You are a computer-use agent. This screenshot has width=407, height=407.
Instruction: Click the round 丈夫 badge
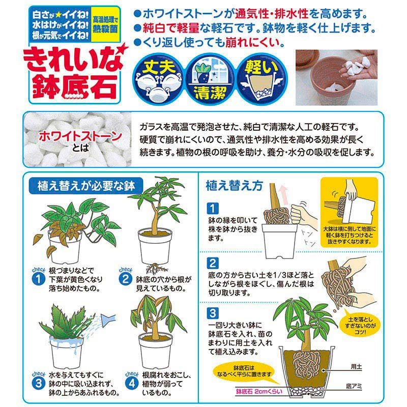tap(158, 79)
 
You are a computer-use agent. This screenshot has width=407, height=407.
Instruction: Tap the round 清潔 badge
tap(210, 79)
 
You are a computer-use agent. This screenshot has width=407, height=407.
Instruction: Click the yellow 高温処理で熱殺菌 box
tap(105, 25)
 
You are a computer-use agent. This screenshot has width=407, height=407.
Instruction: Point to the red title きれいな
tap(73, 60)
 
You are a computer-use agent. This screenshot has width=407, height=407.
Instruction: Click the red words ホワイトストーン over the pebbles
tap(80, 136)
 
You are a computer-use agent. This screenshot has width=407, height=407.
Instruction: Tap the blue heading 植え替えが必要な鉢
tap(86, 186)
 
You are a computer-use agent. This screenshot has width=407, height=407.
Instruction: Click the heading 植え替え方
tap(234, 186)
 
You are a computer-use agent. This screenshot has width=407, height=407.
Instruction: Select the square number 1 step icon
tap(213, 208)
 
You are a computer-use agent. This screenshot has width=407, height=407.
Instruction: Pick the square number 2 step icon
tap(213, 263)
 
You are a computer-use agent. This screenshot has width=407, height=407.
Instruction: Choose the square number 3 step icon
tap(213, 313)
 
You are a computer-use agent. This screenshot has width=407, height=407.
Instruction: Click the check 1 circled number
tap(39, 279)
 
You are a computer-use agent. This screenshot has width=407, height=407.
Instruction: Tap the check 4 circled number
tap(132, 383)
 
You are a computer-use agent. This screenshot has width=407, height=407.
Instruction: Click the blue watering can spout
tap(108, 321)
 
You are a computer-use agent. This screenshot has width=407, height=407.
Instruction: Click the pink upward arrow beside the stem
tap(284, 195)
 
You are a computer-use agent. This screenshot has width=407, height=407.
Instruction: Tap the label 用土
tap(356, 366)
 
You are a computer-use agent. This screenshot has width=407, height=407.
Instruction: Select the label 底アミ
tap(354, 386)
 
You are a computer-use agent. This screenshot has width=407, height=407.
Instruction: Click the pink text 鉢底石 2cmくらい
tap(259, 391)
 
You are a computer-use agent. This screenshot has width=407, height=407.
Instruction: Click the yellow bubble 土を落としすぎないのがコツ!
tap(360, 326)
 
